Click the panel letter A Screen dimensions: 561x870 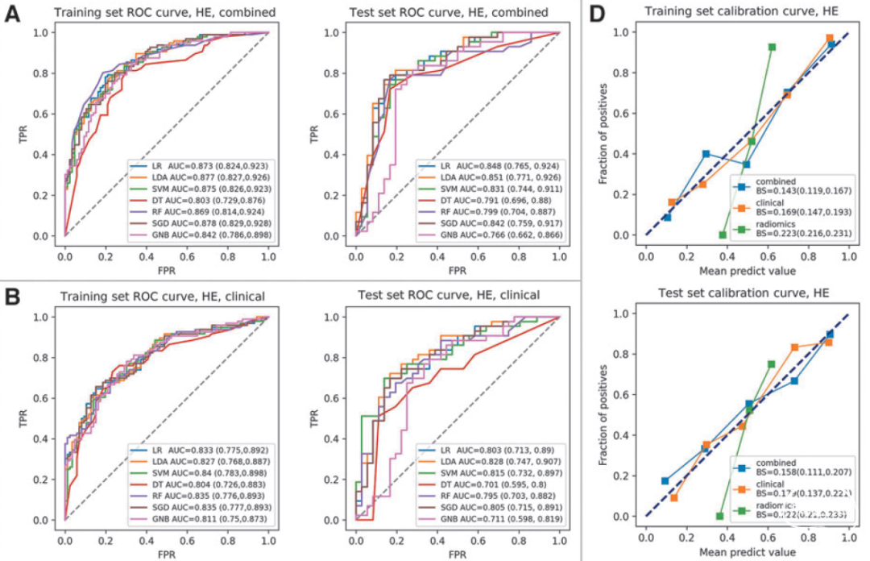pyautogui.click(x=14, y=14)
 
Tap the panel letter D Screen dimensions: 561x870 pyautogui.click(x=599, y=14)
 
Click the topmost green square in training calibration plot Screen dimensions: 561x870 pyautogui.click(x=772, y=47)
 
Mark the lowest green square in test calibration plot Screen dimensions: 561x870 pyautogui.click(x=720, y=516)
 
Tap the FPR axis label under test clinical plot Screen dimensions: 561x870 pyautogui.click(x=457, y=554)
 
